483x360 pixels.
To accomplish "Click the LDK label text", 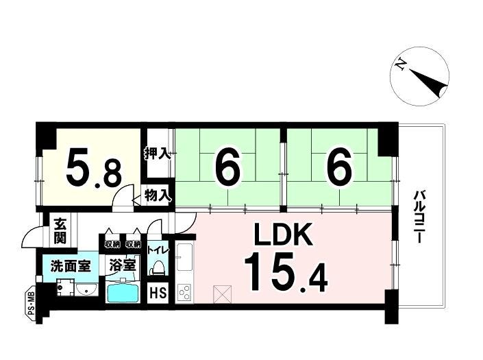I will click(284, 235).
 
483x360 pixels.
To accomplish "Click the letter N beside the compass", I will click(399, 66).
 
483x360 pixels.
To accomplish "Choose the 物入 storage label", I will click(157, 195).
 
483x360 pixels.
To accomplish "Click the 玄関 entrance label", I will click(60, 230).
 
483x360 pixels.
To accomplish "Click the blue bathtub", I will click(123, 293).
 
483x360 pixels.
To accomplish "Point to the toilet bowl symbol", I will click(157, 267).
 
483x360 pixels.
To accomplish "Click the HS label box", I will click(157, 294).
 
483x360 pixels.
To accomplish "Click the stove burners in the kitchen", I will click(184, 293).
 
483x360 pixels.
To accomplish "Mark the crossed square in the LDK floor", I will click(222, 294).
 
